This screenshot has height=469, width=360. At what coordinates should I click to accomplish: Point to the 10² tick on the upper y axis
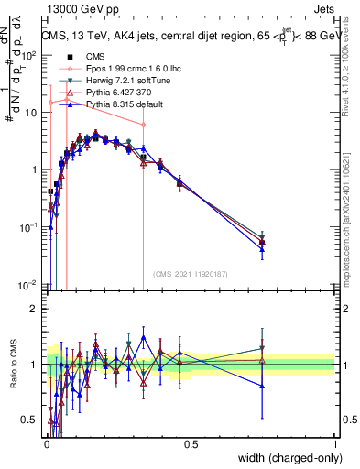click(29, 55)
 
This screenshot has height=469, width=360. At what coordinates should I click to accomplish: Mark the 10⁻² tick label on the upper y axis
click(29, 285)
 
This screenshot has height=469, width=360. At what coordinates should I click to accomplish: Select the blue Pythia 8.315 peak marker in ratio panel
click(143, 337)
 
